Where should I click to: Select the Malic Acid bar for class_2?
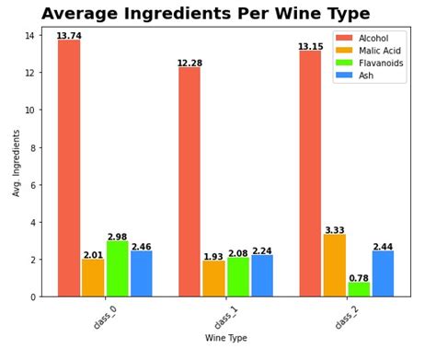[x=335, y=265]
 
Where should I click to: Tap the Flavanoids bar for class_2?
[x=359, y=289]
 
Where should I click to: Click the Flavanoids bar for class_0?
[x=118, y=269]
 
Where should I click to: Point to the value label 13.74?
[x=69, y=36]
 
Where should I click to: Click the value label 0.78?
[x=359, y=277]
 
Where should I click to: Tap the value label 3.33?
[x=335, y=230]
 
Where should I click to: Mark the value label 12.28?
[x=189, y=63]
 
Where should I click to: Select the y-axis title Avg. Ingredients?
[x=17, y=163]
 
